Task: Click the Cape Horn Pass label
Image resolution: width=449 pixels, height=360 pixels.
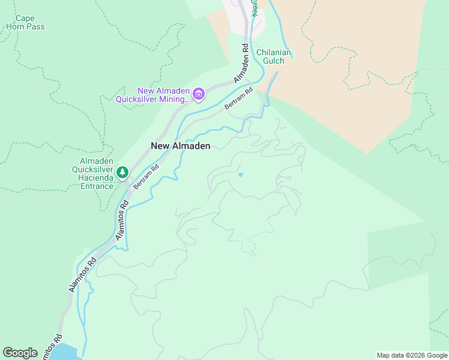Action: [x=25, y=23]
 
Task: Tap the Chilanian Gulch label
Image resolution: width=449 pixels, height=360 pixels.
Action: [x=274, y=56]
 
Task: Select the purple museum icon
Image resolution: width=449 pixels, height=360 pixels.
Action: [x=199, y=94]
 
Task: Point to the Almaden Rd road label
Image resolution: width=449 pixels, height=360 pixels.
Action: [x=242, y=63]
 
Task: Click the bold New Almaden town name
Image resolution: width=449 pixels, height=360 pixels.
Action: [x=180, y=146]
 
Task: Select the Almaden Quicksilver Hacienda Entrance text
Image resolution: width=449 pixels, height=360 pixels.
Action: [x=97, y=173]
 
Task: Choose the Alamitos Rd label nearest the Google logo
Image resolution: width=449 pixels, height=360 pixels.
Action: [x=52, y=347]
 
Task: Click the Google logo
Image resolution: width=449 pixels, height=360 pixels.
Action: [x=20, y=353]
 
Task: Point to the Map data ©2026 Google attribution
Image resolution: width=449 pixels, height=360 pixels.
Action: [x=412, y=355]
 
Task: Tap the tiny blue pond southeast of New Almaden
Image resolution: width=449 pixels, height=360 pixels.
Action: [x=241, y=175]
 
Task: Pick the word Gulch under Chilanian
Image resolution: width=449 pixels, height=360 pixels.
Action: [x=274, y=61]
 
